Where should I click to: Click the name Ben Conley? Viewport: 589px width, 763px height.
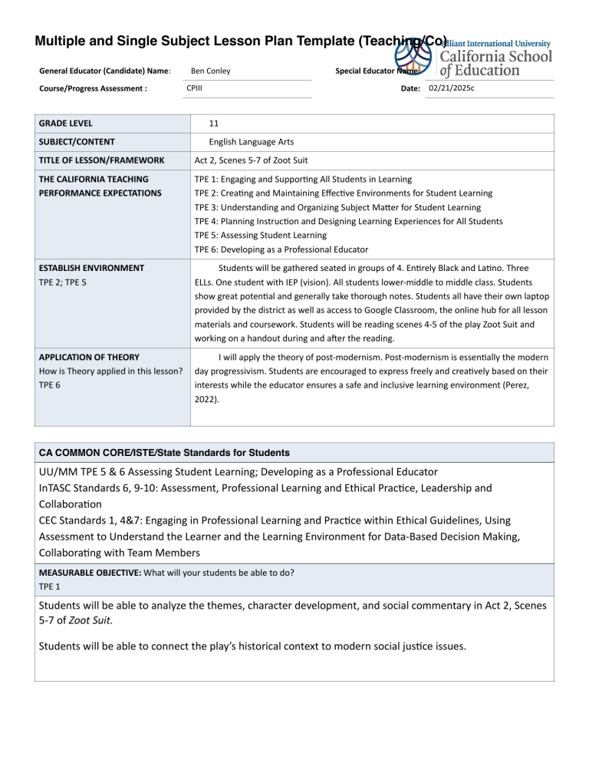pyautogui.click(x=209, y=71)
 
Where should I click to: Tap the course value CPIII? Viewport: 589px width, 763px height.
pyautogui.click(x=195, y=89)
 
